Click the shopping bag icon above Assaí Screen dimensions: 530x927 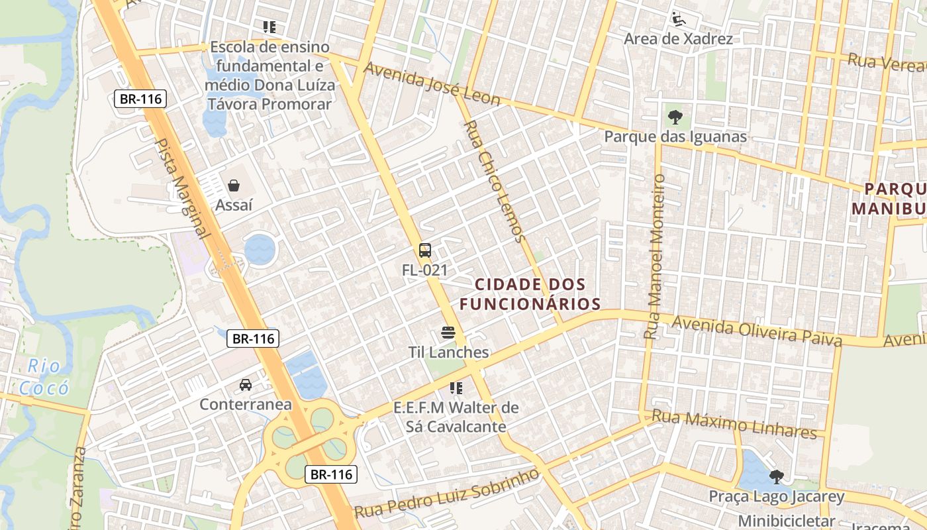[234, 185]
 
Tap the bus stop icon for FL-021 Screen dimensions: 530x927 [425, 250]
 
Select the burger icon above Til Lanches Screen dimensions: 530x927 [448, 332]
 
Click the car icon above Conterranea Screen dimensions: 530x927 [246, 384]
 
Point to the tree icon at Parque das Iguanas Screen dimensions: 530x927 [675, 117]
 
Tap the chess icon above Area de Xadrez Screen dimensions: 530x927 [677, 19]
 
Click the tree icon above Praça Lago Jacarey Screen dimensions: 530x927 [777, 476]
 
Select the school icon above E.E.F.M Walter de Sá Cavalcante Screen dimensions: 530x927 [456, 388]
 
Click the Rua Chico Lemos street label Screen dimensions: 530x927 [494, 181]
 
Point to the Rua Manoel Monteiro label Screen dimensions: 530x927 [656, 256]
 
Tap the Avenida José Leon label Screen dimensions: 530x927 [432, 84]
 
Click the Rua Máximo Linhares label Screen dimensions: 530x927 [734, 424]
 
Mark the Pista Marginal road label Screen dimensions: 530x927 [182, 188]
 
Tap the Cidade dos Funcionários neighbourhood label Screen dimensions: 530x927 [530, 294]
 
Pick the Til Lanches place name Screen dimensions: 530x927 [448, 352]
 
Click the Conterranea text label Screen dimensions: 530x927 [246, 404]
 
